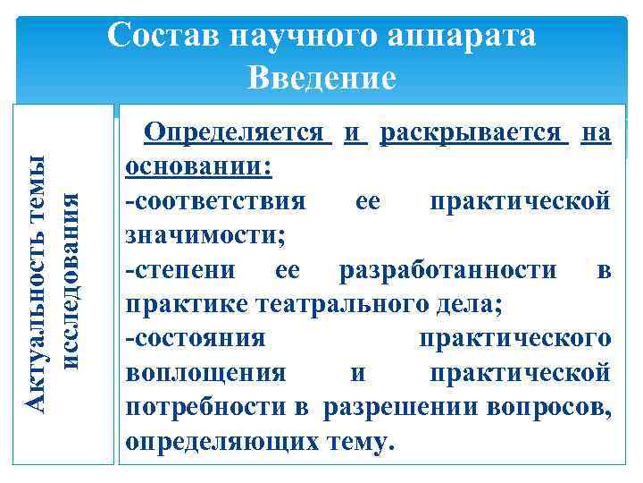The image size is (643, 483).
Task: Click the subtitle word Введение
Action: click(x=321, y=78)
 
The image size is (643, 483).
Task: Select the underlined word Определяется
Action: click(x=238, y=134)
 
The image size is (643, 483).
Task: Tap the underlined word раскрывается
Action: click(x=474, y=134)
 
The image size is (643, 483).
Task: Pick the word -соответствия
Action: click(x=215, y=202)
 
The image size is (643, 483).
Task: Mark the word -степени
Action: click(x=179, y=270)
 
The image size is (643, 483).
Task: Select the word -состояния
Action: click(x=196, y=338)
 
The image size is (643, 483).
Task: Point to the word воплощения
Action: click(x=206, y=372)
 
